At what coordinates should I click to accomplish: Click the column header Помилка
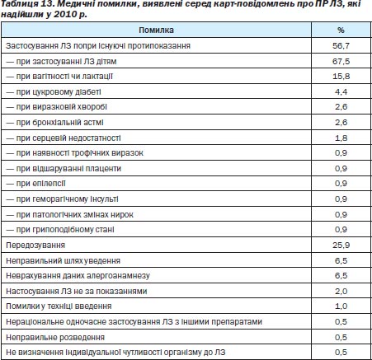point(156,30)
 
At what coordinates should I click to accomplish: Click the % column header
point(341,30)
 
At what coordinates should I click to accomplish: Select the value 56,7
point(341,45)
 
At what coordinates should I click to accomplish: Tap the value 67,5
point(341,61)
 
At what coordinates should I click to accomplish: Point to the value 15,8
point(341,77)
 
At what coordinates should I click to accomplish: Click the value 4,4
point(341,91)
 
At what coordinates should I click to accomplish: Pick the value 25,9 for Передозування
point(341,245)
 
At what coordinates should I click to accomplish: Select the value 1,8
point(341,138)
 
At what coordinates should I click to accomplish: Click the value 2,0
point(341,291)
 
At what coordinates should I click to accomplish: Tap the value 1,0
point(341,306)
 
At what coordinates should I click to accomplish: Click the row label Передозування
point(35,245)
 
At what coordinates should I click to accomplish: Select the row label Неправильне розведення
point(55,337)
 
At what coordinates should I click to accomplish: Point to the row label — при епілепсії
point(35,184)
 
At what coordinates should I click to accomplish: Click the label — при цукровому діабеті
point(54,92)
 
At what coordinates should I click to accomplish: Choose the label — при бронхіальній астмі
point(54,123)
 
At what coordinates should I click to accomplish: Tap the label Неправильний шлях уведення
point(63,260)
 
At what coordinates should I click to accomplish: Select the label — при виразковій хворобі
point(56,107)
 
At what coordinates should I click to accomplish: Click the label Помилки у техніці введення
point(59,306)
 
